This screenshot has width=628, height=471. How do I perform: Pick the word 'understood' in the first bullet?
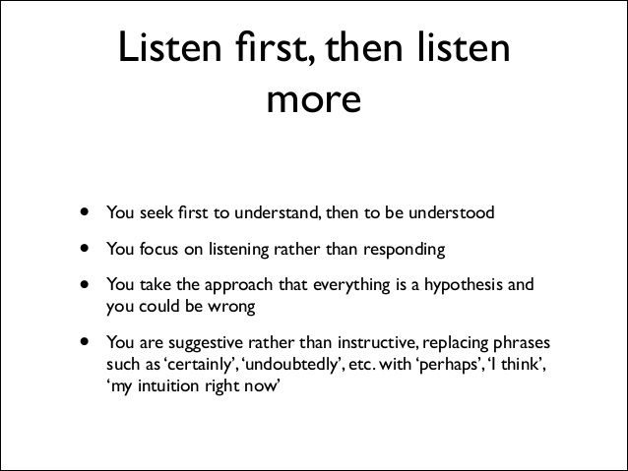tap(455, 212)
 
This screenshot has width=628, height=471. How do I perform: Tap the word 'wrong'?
tap(230, 307)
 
